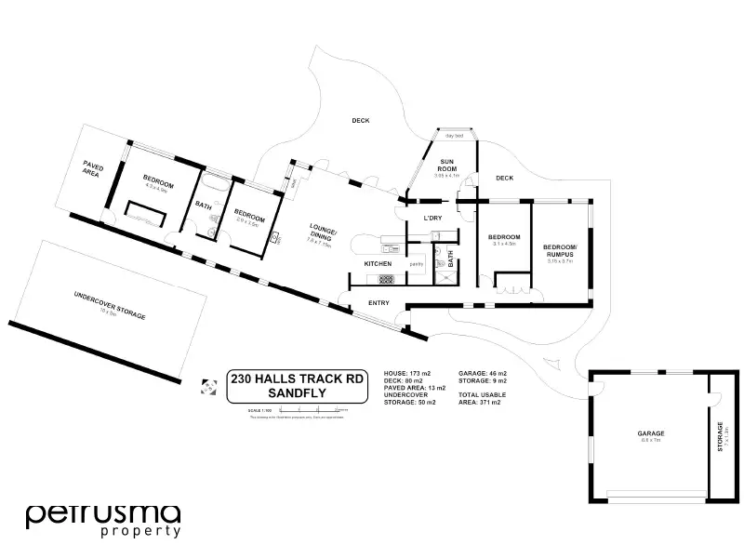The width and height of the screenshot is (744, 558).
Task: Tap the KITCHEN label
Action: (378, 264)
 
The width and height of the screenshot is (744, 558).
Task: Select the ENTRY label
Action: (379, 303)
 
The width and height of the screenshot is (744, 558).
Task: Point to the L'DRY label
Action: (432, 218)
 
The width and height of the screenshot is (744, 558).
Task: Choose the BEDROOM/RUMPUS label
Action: (559, 250)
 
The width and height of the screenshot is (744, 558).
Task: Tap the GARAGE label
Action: (650, 433)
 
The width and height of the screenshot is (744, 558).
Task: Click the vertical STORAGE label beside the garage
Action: (720, 436)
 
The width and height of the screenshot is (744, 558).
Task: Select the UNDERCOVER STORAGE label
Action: (110, 305)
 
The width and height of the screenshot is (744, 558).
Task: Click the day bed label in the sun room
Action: (455, 136)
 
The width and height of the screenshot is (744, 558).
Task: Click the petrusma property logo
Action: (102, 520)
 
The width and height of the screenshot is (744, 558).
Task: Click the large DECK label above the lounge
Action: (361, 120)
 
